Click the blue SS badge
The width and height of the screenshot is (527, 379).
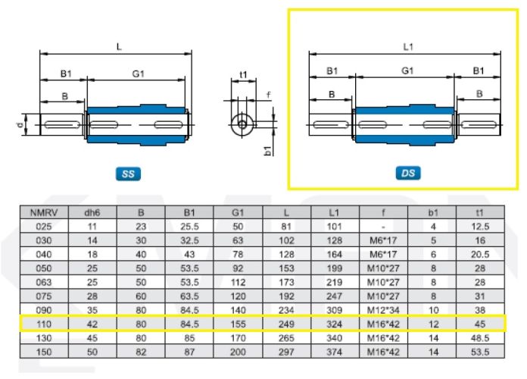[128, 174]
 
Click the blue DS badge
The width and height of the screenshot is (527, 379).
[408, 173]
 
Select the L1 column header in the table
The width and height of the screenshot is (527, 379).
[334, 213]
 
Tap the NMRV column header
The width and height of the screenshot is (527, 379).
[44, 213]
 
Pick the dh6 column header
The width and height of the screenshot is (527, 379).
[92, 213]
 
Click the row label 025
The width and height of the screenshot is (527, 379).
[44, 227]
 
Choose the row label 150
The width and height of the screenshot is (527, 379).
[44, 352]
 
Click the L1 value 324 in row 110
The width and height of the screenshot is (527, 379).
[334, 324]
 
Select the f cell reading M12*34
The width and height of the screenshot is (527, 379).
[383, 310]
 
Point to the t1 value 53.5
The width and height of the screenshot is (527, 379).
[480, 352]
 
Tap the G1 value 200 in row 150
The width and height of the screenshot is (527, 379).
[238, 352]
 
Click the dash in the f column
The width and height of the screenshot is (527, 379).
[383, 227]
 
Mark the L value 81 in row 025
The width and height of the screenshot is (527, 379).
[286, 227]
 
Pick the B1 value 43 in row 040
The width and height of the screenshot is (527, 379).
[189, 255]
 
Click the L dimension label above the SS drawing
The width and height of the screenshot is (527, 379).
[119, 47]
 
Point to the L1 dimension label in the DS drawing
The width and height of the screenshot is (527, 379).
[408, 47]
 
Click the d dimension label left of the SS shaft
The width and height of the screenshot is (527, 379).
[20, 125]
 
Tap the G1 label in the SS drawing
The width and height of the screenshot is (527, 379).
[138, 74]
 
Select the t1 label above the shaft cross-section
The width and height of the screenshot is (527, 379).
[243, 74]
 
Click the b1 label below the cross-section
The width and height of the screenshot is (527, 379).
[268, 151]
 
